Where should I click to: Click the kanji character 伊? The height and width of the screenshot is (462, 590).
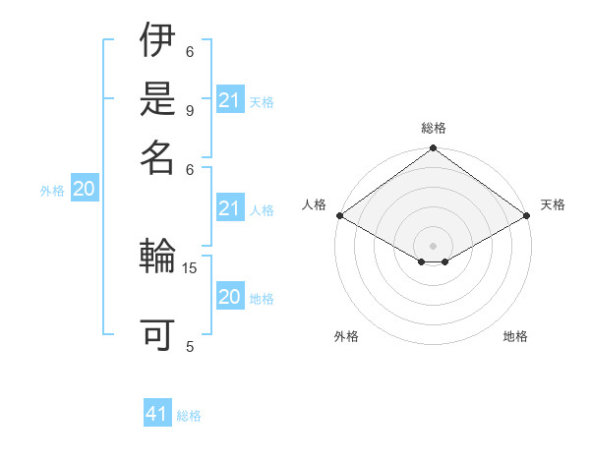tap(158, 41)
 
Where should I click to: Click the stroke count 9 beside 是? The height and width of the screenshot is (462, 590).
tap(189, 111)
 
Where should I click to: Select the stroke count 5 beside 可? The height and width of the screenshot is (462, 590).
tap(189, 345)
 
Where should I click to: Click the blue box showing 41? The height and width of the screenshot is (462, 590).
tap(157, 414)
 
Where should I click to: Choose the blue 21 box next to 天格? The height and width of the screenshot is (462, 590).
tap(230, 99)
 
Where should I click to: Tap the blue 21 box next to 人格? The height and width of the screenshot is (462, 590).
tap(230, 207)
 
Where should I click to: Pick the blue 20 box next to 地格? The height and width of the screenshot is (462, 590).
tap(230, 297)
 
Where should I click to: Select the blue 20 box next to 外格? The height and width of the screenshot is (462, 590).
tap(85, 190)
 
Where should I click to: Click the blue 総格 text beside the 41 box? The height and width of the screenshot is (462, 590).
tap(189, 416)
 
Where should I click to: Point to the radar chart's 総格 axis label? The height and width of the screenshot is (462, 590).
tap(434, 128)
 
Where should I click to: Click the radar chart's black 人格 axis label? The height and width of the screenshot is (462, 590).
tap(315, 204)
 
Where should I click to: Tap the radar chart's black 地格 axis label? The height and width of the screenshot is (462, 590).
tap(515, 336)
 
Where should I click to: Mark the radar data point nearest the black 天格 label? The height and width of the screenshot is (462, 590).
tap(527, 215)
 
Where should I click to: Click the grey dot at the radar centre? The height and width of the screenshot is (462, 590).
tap(434, 245)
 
